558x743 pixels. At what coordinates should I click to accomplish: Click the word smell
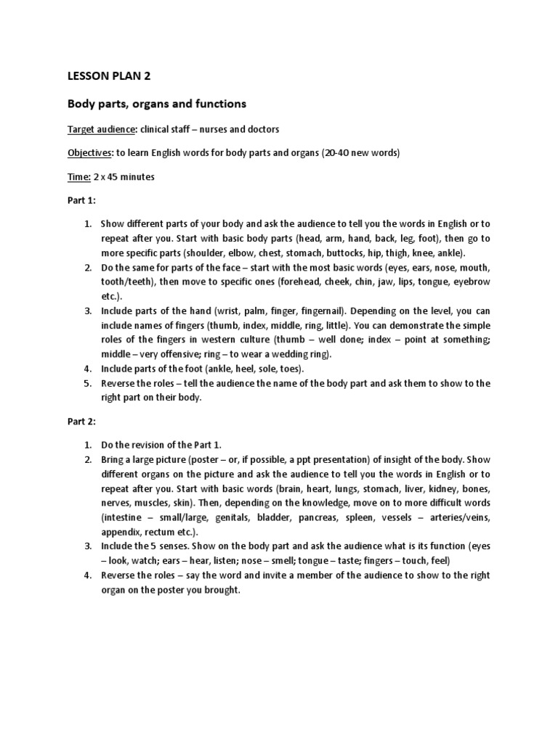point(288,561)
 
